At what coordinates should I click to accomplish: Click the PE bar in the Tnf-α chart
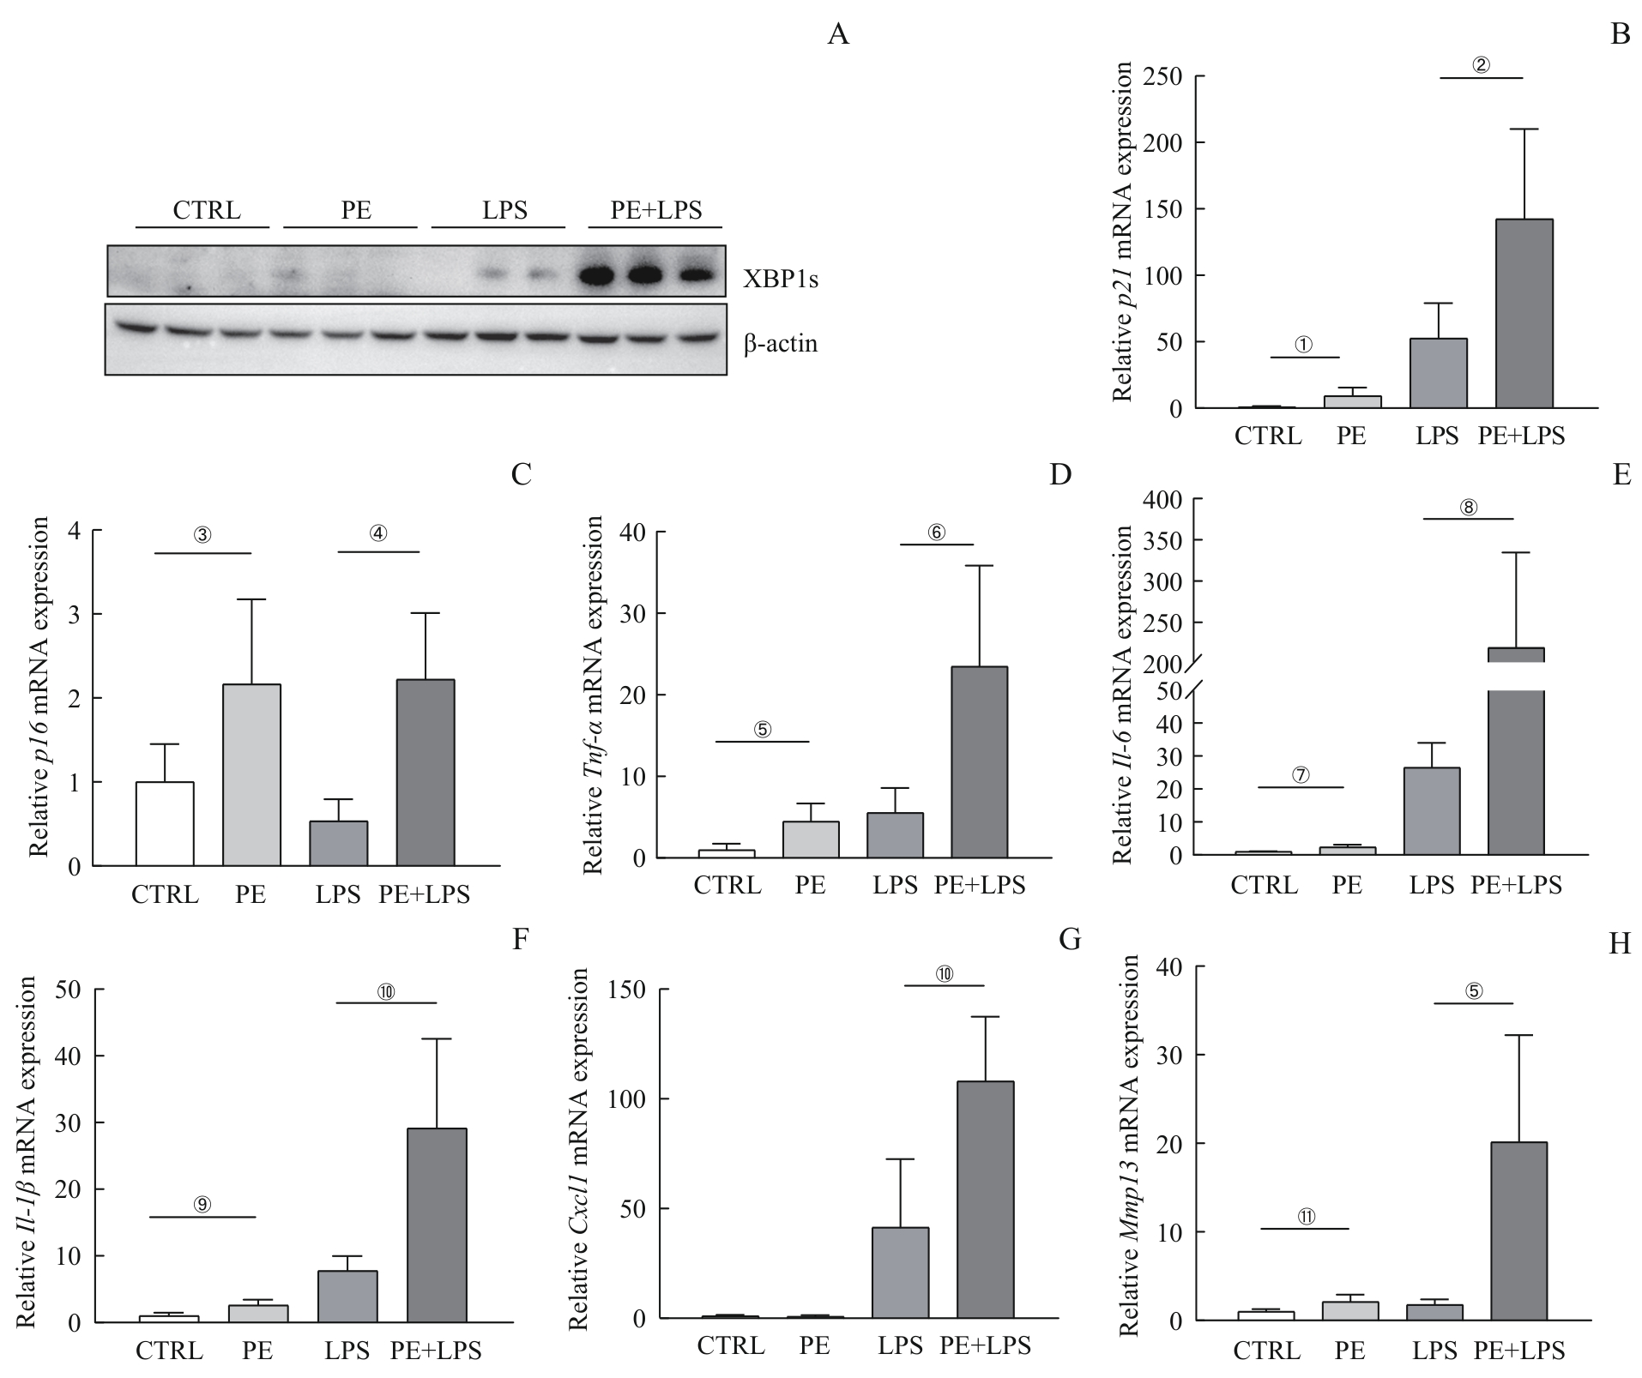click(811, 839)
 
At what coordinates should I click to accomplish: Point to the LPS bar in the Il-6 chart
click(1431, 811)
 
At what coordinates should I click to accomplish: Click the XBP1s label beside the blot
click(781, 279)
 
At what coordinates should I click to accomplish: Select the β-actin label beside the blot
click(781, 344)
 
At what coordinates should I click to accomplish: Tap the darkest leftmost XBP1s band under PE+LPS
click(597, 275)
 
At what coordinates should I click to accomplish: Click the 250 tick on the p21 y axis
click(1166, 77)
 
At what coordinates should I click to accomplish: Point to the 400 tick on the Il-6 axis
click(1162, 499)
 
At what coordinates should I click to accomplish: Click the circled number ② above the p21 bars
click(1482, 65)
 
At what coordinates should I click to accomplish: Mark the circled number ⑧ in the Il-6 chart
click(1469, 508)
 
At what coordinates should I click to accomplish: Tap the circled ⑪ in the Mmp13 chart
click(1306, 1217)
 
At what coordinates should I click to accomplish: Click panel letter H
click(1620, 944)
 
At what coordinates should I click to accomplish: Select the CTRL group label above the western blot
click(207, 211)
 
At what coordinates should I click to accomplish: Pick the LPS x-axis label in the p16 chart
click(338, 895)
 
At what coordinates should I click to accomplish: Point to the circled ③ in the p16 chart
click(202, 535)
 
